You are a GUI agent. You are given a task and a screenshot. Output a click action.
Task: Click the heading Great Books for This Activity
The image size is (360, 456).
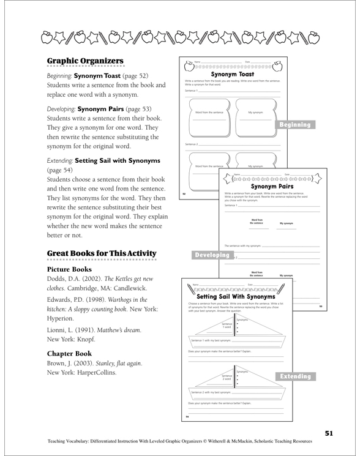tap(102, 253)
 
